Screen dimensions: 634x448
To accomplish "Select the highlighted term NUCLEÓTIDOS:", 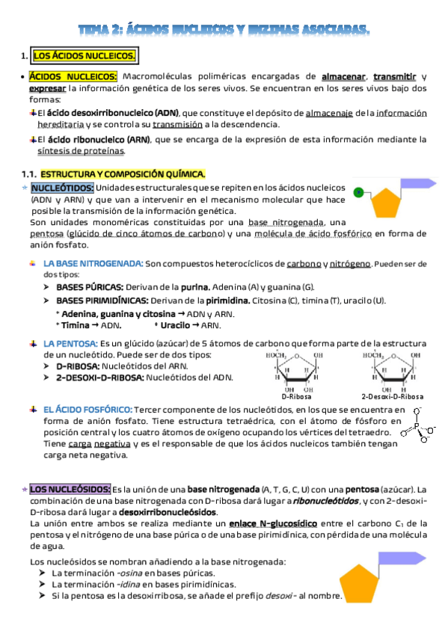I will (62, 188).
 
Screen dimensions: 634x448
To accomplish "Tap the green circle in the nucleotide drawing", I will (359, 192).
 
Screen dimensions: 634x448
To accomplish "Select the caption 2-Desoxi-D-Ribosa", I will (392, 396).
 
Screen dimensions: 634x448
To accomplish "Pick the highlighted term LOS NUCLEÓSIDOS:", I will (70, 488).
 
